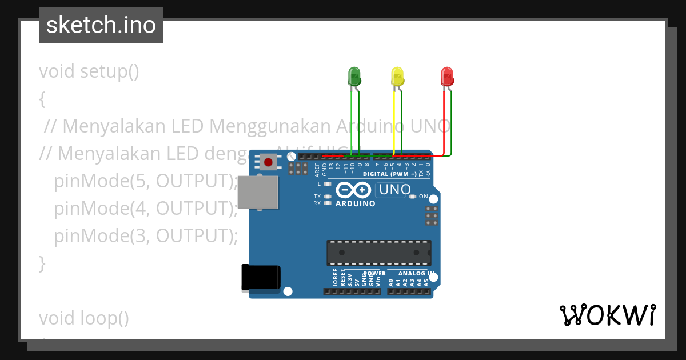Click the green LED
coord(354,77)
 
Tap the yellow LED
coord(397,77)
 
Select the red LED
coord(447,77)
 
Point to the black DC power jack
coord(261,277)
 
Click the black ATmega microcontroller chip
coord(378,253)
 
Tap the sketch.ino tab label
coord(101,25)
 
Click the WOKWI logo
coord(607,315)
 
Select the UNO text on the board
coord(395,189)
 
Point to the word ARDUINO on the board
coord(356,203)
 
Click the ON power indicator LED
coord(413,197)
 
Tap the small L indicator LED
coord(328,184)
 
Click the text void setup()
coord(89,72)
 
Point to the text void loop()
coord(84,318)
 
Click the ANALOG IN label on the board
coord(416,274)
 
